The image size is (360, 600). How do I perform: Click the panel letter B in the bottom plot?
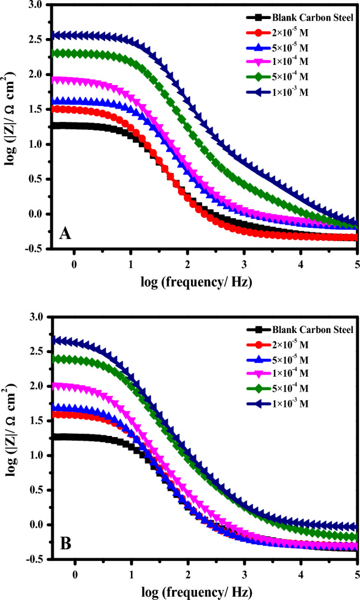tap(65, 542)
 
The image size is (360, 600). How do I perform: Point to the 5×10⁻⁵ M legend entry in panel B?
tap(291, 358)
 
